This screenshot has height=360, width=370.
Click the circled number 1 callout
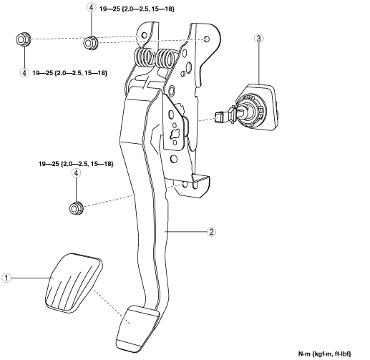pos(6,278)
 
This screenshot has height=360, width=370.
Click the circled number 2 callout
pos(211,232)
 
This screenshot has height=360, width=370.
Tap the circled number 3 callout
pos(259,38)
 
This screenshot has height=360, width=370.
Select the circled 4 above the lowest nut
pos(76,173)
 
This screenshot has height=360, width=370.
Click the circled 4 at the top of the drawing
pos(92,7)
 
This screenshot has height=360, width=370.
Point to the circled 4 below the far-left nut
pos(24,72)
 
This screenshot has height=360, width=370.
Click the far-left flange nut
pos(23,39)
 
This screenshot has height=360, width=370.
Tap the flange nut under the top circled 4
pos(90,42)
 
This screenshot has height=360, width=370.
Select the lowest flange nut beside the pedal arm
pos(76,208)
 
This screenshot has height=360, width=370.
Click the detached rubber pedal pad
pos(74,283)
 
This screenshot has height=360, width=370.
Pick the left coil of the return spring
pos(144,57)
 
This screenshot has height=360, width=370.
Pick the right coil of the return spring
pos(165,59)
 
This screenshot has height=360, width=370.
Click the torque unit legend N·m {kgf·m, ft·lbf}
pos(324,354)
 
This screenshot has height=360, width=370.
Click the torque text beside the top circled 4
pos(137,9)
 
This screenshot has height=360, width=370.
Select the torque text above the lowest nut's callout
pos(76,164)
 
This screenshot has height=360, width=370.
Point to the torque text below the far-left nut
pos(69,73)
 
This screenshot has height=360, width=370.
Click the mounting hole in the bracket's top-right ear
pos(207,39)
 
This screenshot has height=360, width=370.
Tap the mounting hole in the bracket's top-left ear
pos(144,36)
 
